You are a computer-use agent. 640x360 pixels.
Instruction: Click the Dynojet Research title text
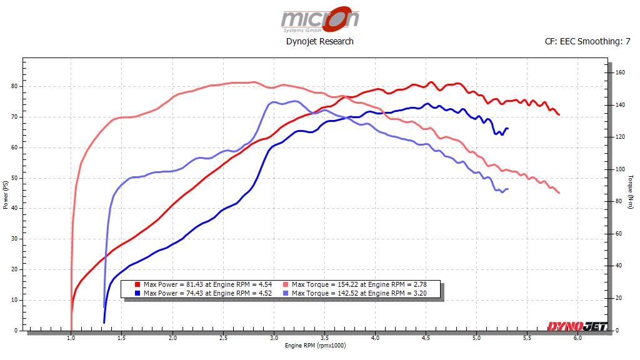319,41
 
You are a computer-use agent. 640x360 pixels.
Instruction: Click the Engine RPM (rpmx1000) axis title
315,346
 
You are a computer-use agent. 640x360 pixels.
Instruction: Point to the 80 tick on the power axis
16,86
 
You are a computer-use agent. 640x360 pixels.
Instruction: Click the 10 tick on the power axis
16,300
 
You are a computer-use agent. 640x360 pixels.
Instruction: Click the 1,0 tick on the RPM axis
71,338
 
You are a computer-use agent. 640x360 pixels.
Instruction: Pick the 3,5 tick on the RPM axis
324,338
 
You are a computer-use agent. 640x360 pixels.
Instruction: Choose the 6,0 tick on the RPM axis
577,338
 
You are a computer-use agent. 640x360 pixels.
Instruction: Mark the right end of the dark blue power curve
507,129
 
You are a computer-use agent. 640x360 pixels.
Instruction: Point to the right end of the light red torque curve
559,192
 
